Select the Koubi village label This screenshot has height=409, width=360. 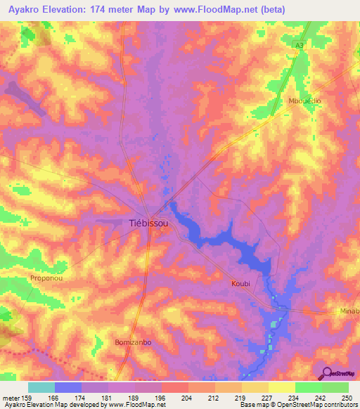(x=240, y=283)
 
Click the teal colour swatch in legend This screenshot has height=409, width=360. (x=41, y=387)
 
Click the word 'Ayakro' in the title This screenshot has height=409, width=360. (x=22, y=9)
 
